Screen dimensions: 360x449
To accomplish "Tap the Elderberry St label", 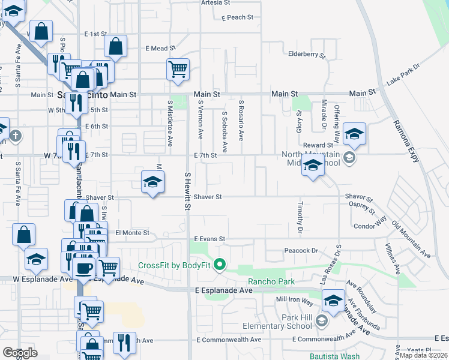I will click(306, 55).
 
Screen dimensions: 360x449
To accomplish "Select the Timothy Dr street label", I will click(300, 218).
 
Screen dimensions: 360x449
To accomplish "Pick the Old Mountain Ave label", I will click(411, 239).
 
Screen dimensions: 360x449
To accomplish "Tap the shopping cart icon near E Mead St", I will click(178, 69).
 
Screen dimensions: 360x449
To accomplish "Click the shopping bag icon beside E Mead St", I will click(115, 46).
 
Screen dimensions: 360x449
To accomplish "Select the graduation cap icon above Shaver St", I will click(152, 182).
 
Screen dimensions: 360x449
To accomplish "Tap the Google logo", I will click(20, 353).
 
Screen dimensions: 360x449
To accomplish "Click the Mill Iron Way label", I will click(294, 299).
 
